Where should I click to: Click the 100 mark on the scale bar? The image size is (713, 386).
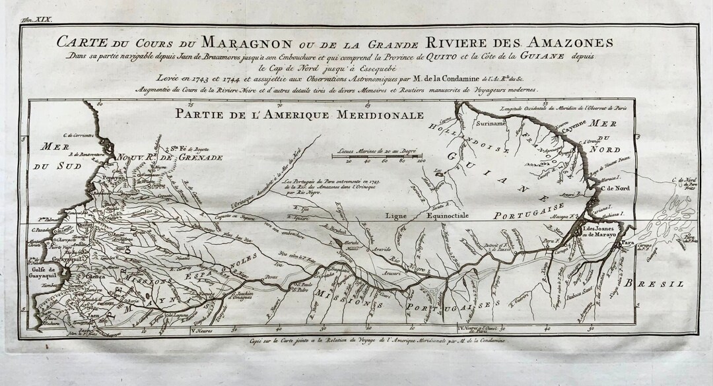(420, 160)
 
